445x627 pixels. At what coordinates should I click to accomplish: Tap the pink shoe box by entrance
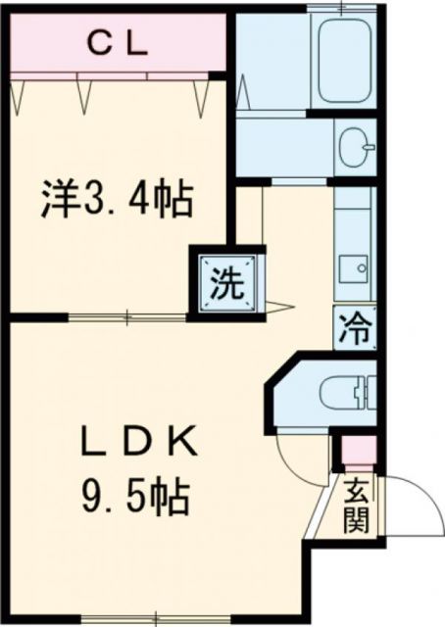coord(352,452)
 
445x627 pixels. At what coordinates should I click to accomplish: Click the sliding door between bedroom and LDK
coord(127,315)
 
